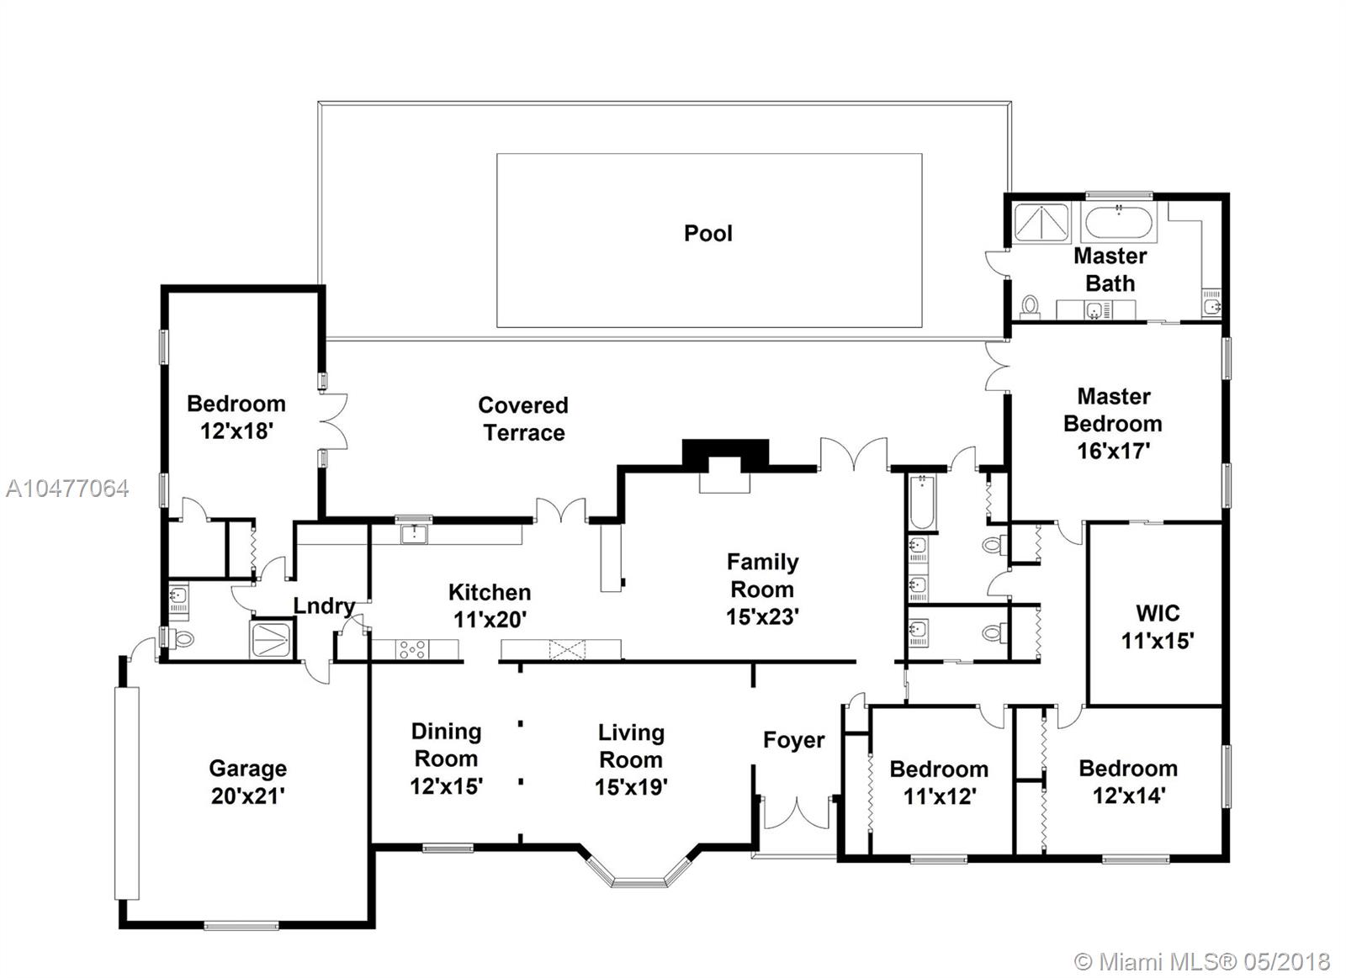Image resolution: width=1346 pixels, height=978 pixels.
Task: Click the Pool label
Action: coord(707,233)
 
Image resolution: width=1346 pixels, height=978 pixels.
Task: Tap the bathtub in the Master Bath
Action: coord(1118,223)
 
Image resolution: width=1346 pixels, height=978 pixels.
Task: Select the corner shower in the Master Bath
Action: coord(1041,223)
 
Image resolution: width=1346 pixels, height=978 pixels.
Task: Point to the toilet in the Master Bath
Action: coord(1031,306)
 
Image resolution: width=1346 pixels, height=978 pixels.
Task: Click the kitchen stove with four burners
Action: coord(413,649)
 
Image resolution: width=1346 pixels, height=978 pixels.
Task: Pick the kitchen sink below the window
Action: coord(414,533)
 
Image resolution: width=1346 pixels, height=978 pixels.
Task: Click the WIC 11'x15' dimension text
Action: coord(1158,641)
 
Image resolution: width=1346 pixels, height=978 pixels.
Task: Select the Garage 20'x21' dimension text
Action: coord(247,796)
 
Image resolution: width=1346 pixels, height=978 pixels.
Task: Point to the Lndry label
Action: coord(324,606)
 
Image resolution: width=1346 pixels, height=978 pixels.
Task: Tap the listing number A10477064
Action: coord(67,489)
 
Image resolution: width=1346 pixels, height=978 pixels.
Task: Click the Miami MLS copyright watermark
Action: coord(1202,962)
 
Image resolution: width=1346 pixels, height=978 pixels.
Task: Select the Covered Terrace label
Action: coord(523,419)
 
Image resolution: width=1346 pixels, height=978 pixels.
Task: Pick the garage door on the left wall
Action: coord(127,793)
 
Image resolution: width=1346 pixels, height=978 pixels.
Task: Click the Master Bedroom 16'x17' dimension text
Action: coord(1113,451)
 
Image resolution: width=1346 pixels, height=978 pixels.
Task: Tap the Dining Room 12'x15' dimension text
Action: coord(447,786)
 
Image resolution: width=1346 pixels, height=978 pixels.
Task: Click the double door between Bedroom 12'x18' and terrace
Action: coord(334,421)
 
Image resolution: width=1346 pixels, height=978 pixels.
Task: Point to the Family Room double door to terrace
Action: coord(853,455)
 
